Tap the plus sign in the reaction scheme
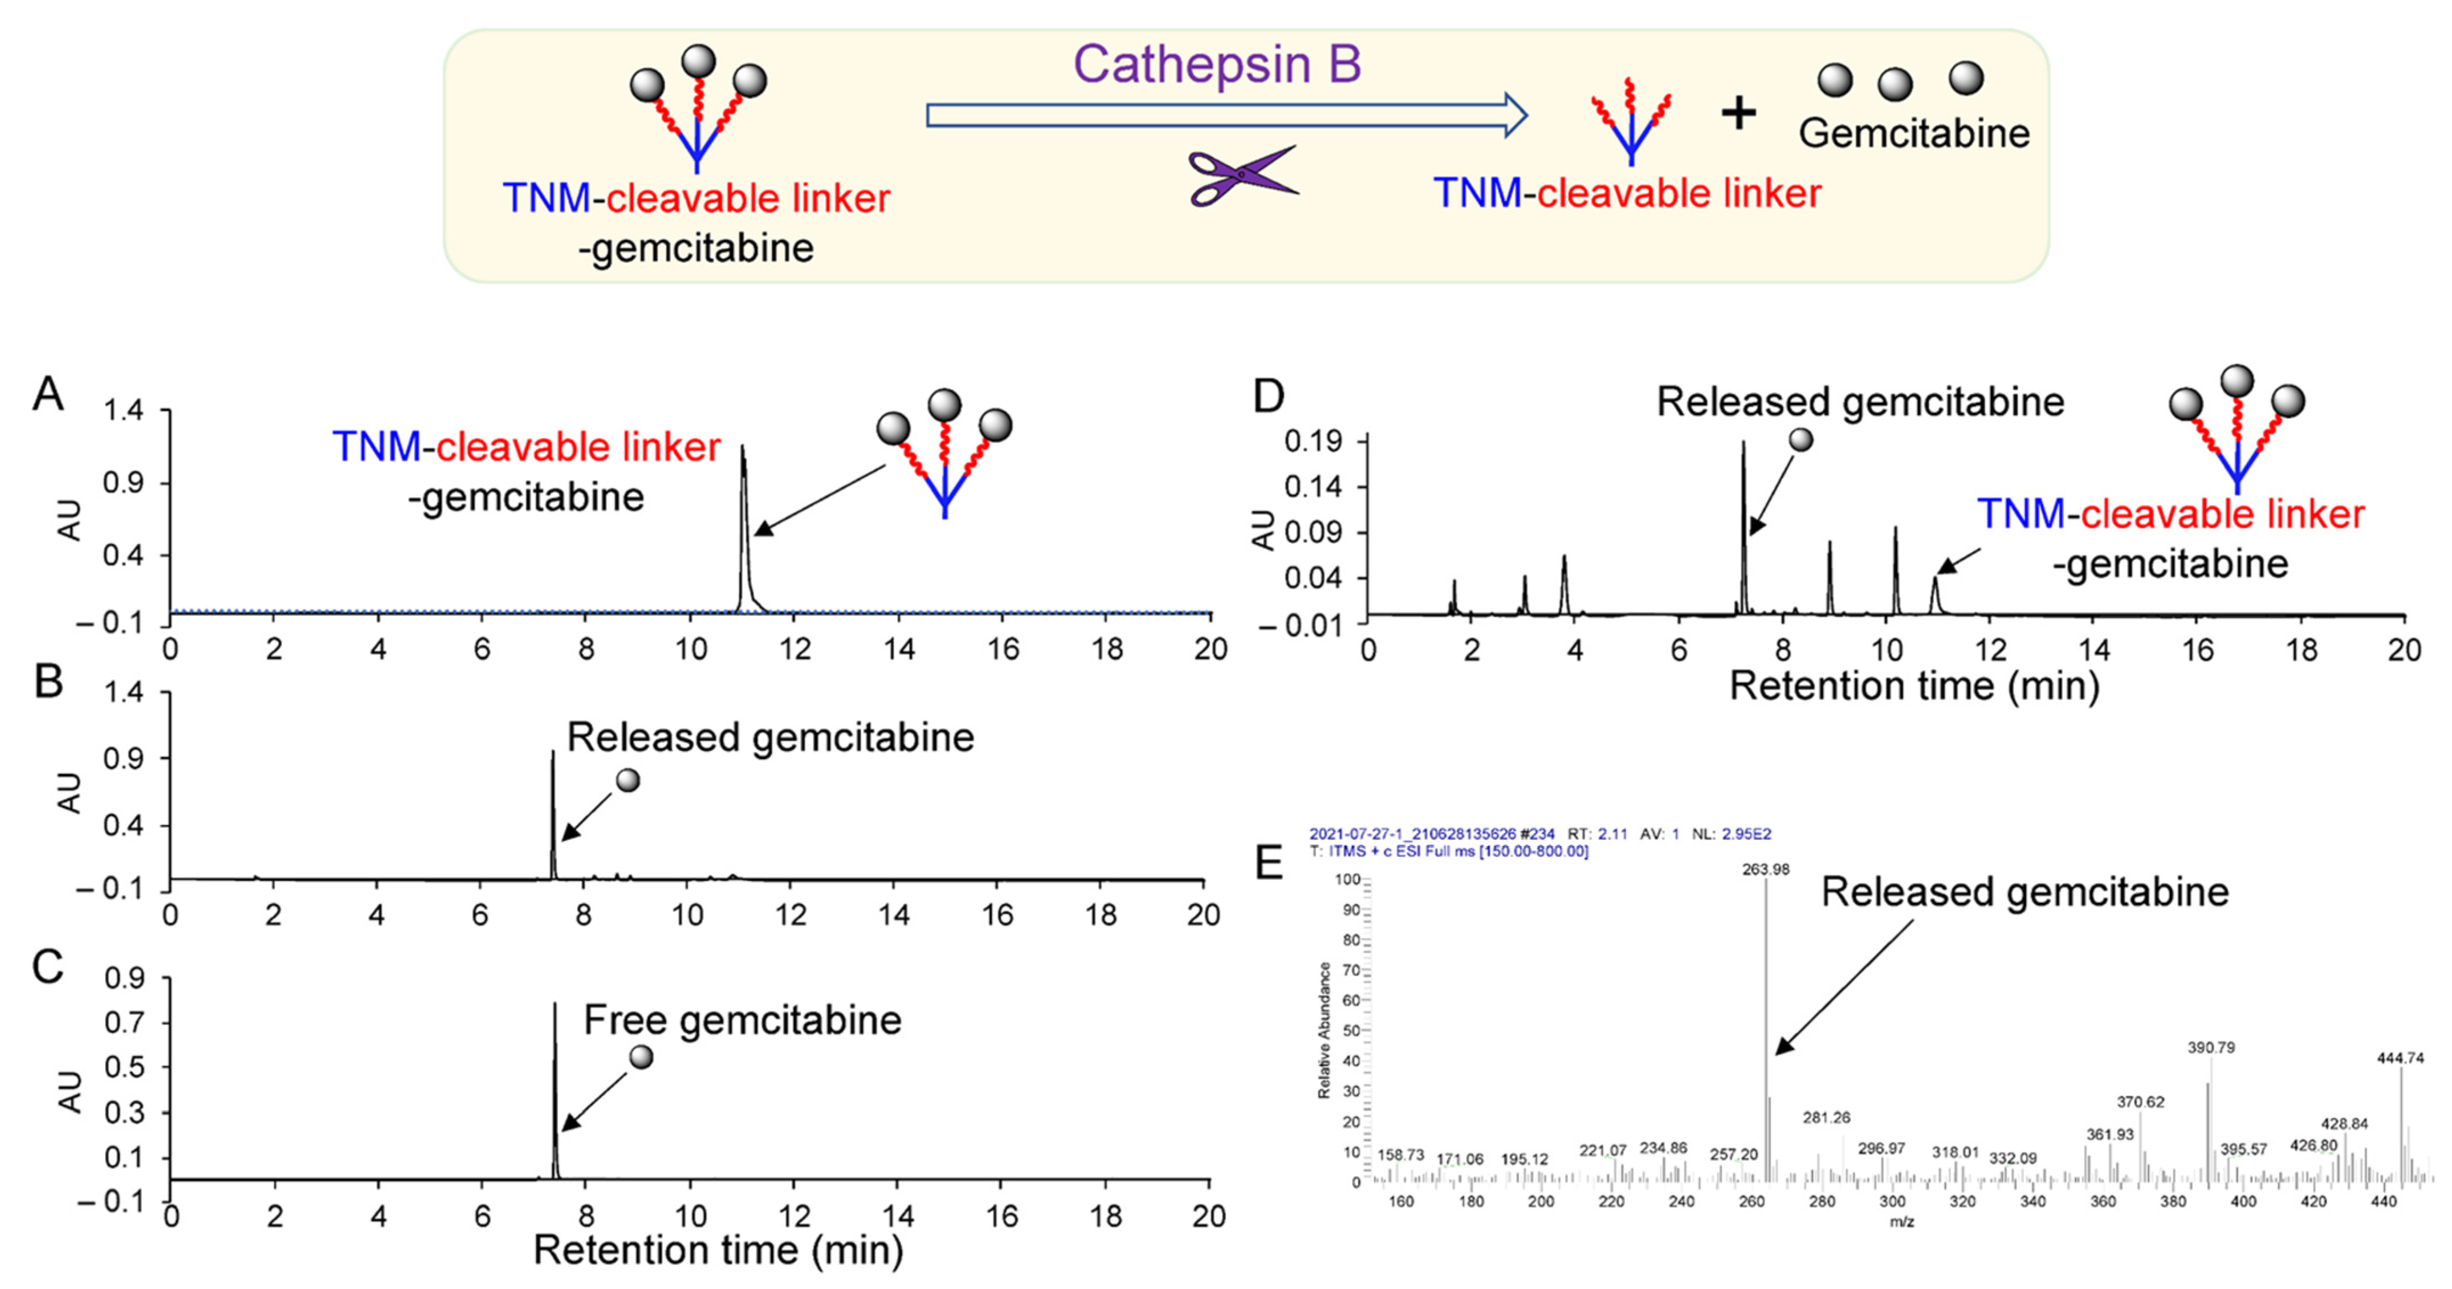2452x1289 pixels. coord(1738,114)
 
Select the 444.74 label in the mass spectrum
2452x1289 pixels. coord(2400,1058)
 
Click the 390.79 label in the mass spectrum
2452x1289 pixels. coord(2210,1047)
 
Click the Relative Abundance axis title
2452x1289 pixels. coord(1324,1030)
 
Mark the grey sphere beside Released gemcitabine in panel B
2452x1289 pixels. coord(628,781)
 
